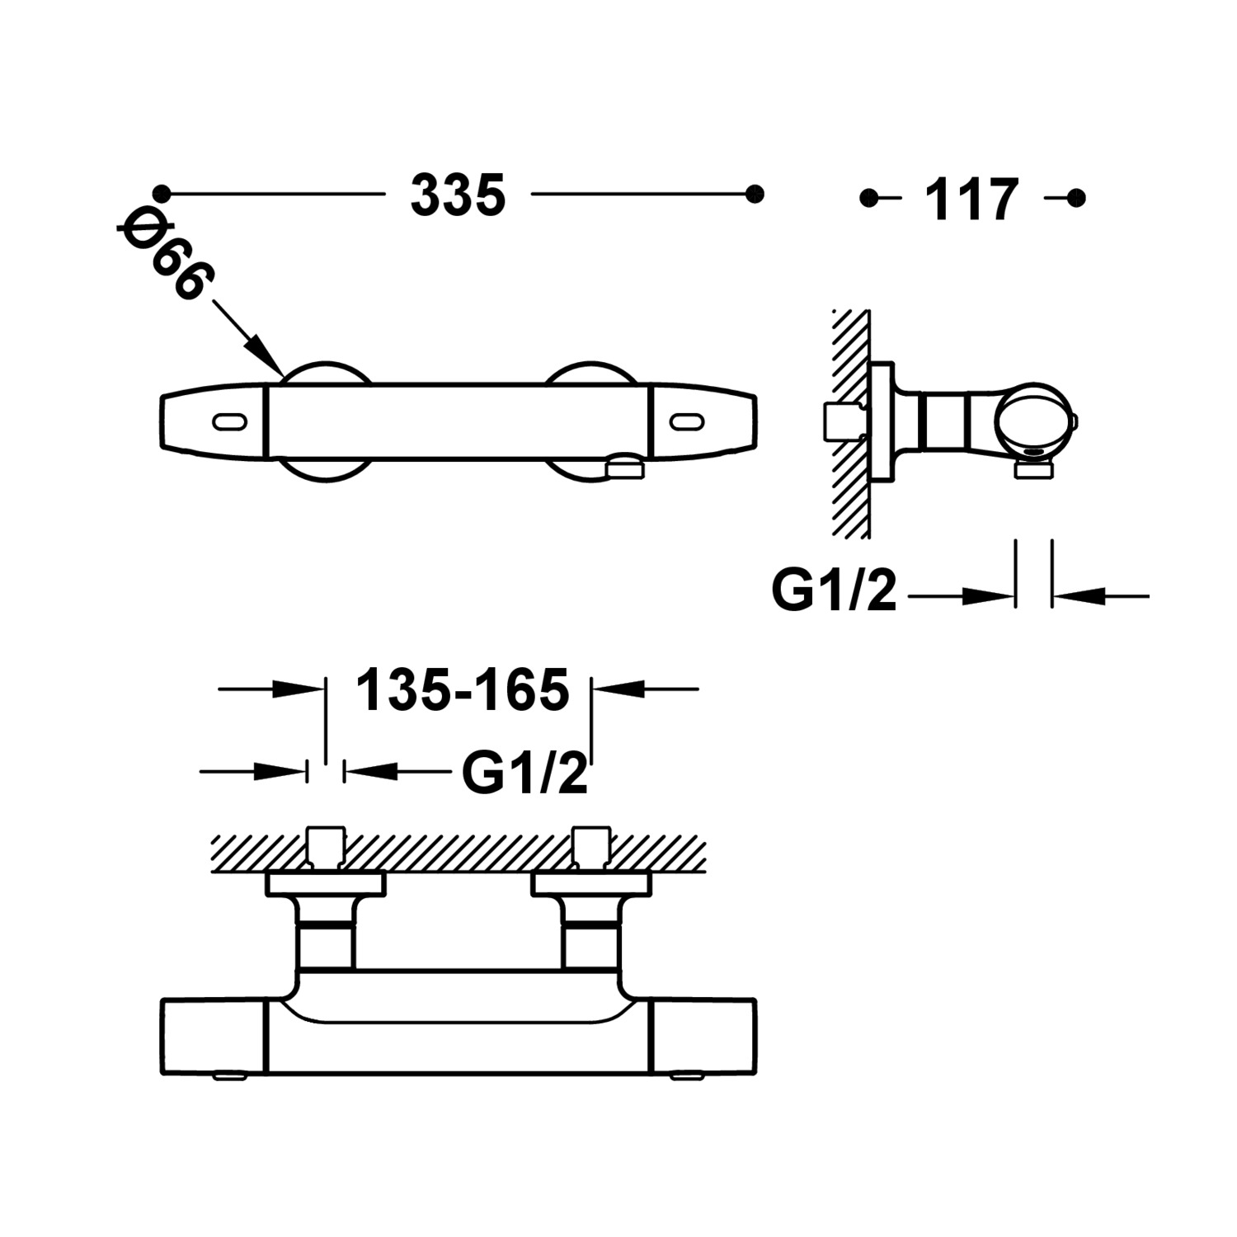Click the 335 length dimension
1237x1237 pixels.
pos(458,196)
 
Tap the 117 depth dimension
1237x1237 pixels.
pos(971,200)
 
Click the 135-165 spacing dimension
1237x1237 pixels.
pos(462,689)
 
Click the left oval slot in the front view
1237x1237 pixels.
pos(229,422)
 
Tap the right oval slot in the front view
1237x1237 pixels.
pos(686,422)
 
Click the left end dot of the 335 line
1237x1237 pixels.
pos(162,195)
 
